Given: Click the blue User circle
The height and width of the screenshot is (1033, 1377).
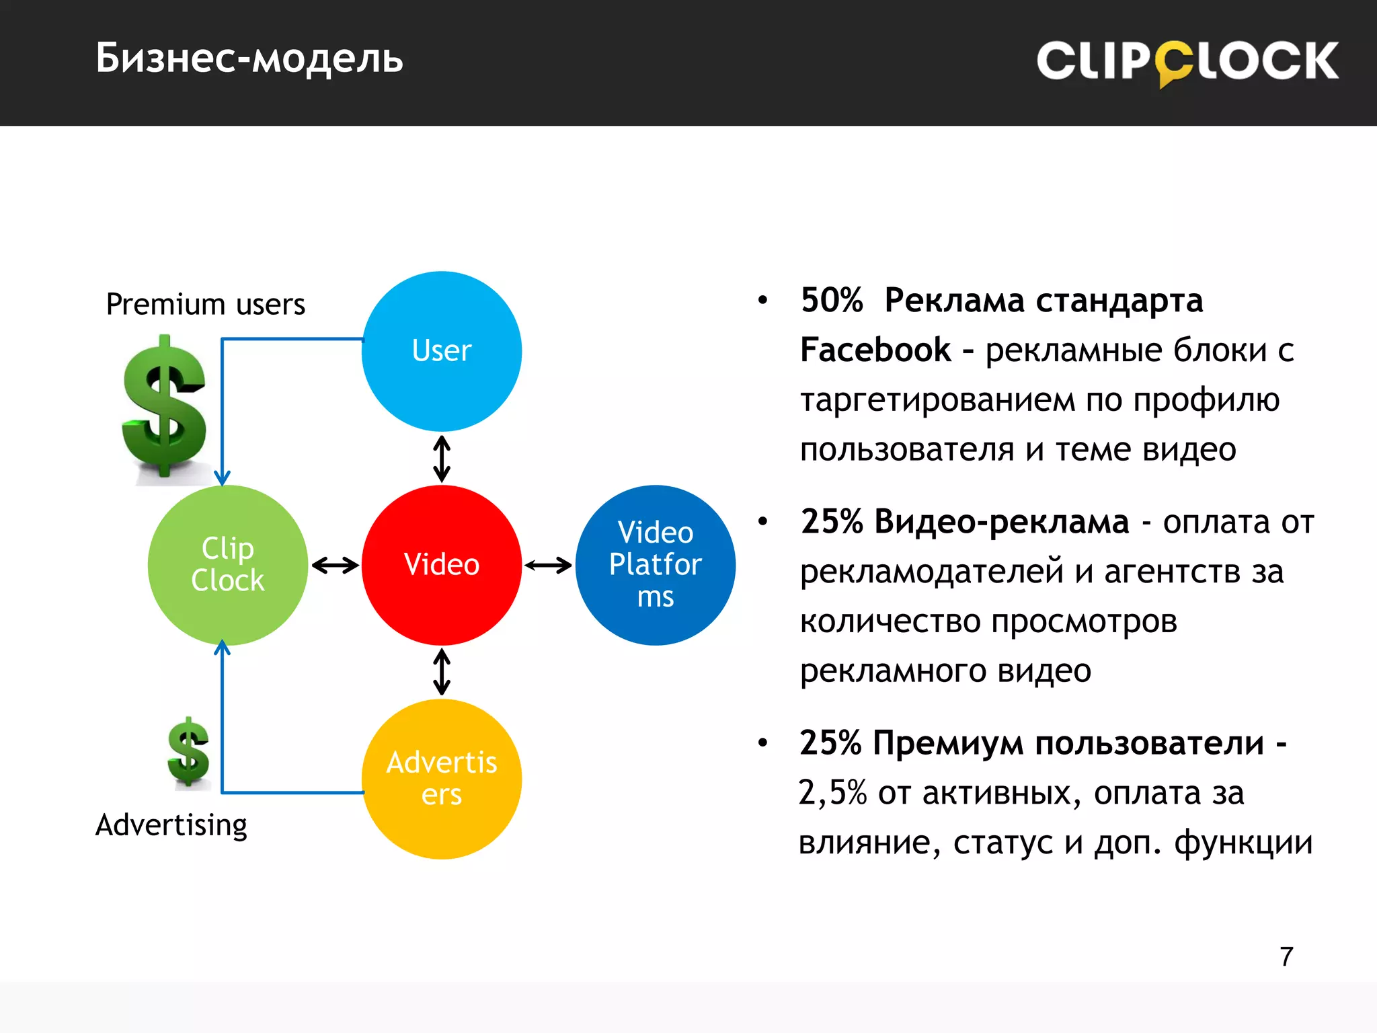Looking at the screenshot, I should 442,351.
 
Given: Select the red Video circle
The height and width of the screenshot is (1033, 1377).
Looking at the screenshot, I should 442,565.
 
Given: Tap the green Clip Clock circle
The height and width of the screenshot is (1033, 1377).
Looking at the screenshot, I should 228,565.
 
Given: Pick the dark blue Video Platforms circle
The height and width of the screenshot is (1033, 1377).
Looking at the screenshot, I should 656,565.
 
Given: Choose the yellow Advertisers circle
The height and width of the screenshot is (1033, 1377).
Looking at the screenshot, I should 442,779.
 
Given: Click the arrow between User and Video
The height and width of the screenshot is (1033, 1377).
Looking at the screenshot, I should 442,459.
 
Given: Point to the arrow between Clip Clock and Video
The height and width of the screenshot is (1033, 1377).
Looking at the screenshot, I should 335,565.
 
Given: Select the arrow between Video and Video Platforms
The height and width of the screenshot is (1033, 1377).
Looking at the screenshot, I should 548,565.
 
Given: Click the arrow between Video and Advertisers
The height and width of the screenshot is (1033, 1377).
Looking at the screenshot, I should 442,671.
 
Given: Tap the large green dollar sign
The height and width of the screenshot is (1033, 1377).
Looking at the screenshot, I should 165,407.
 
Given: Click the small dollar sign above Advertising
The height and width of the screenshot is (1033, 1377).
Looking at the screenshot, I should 188,752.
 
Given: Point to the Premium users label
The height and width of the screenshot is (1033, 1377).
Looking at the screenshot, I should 206,305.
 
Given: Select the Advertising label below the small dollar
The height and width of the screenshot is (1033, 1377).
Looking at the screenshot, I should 171,825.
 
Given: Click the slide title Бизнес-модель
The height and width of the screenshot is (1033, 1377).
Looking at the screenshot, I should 249,59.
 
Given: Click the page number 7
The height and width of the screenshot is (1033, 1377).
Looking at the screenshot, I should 1286,956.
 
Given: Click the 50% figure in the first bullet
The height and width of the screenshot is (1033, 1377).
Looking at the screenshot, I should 832,301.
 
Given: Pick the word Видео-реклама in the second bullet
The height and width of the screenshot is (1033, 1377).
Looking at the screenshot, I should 1002,522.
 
